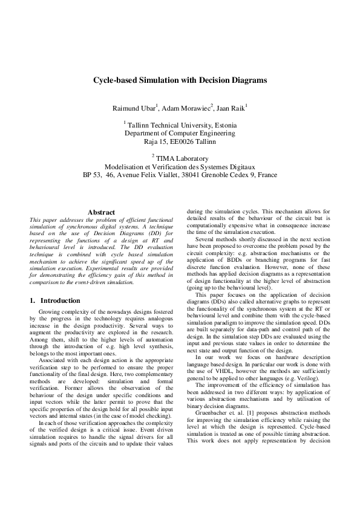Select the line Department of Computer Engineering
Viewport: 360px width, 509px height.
180,134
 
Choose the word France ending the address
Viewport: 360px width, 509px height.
267,175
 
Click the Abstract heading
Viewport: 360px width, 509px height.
101,212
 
